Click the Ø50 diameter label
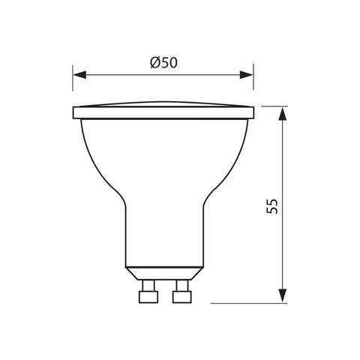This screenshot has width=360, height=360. [x=163, y=64]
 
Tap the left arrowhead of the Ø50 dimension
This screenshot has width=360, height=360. [x=77, y=74]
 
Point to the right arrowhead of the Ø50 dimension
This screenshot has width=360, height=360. [x=249, y=74]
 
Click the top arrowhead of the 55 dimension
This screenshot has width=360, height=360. [x=282, y=112]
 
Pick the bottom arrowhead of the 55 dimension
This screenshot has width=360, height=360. [x=282, y=298]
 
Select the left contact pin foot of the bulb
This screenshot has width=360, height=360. [x=146, y=296]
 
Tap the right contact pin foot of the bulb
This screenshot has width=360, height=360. [x=181, y=296]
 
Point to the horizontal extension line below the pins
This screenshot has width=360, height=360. [x=247, y=304]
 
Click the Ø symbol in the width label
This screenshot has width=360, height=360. [x=154, y=64]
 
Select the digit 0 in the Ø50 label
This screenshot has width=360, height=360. [x=173, y=64]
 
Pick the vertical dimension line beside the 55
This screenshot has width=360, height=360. [x=282, y=165]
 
